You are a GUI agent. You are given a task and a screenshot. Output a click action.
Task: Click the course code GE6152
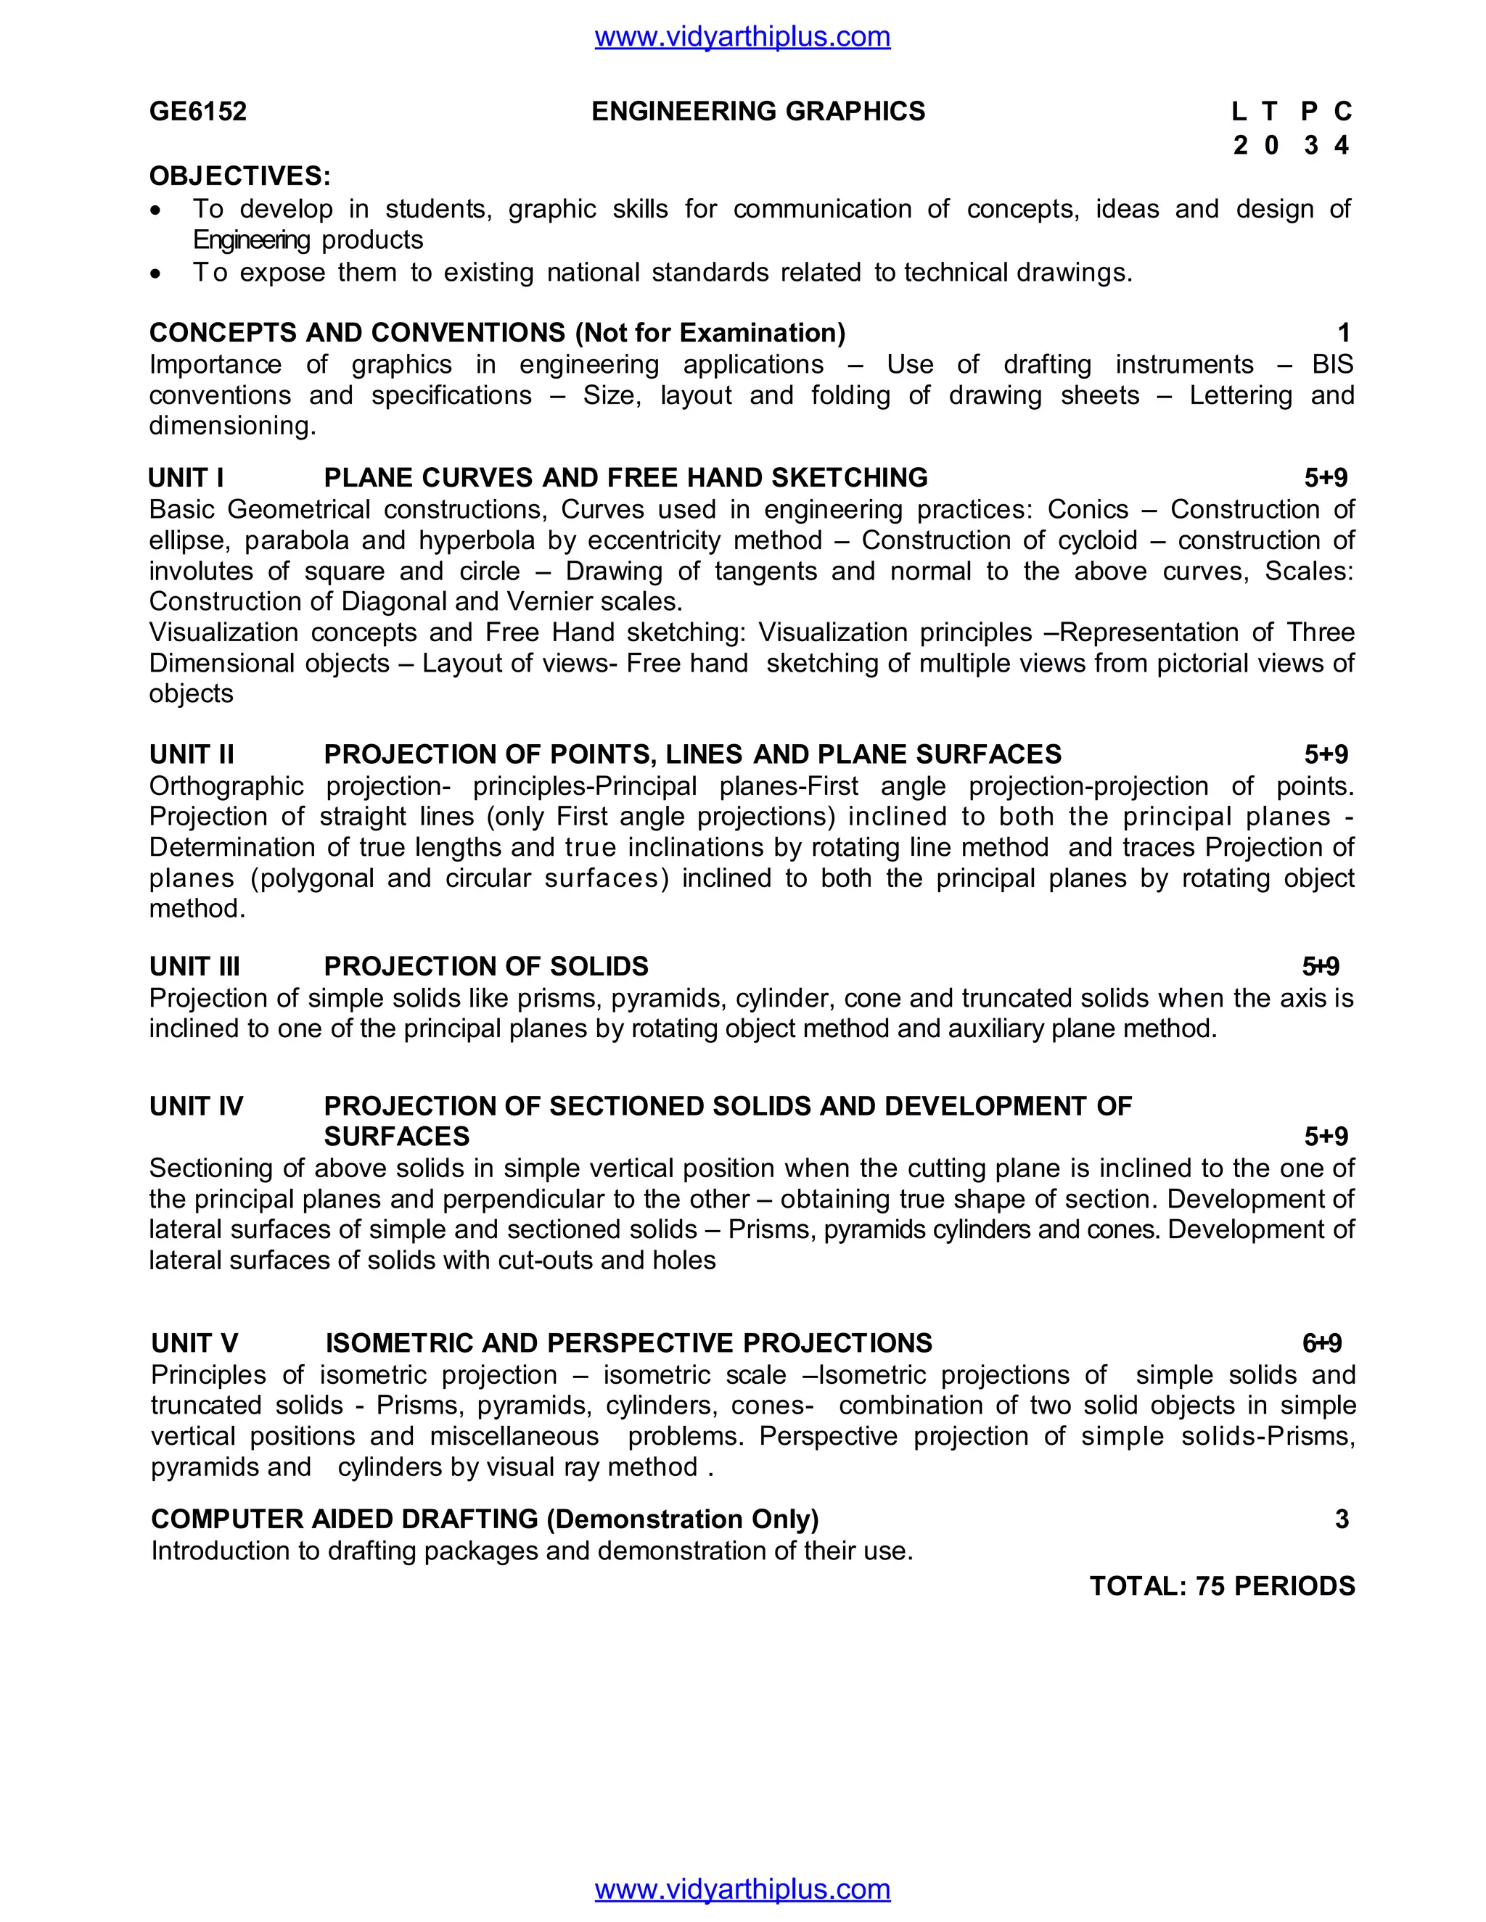tap(198, 112)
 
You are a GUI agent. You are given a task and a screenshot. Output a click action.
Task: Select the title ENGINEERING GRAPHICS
tap(758, 112)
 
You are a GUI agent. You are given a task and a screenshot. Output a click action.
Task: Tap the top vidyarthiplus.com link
tap(742, 37)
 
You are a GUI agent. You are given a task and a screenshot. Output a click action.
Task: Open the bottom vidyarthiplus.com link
tap(742, 1889)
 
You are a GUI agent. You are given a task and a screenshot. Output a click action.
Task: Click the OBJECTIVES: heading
tap(239, 176)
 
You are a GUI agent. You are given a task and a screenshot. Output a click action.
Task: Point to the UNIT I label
tap(186, 478)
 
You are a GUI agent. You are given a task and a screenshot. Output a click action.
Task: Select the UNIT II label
tap(192, 754)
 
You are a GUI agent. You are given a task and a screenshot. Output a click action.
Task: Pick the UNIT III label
tap(194, 966)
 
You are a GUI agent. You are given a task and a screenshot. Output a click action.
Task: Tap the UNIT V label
tap(194, 1343)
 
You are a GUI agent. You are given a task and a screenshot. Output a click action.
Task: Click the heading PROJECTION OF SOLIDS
tap(486, 966)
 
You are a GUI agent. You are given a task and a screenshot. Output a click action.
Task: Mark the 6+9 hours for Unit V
tap(1321, 1343)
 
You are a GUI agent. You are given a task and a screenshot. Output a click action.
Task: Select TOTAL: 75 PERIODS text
tap(1222, 1585)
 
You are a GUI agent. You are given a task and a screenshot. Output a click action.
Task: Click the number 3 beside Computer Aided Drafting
tap(1342, 1519)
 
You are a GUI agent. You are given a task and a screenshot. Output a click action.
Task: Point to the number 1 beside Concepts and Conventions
tap(1343, 333)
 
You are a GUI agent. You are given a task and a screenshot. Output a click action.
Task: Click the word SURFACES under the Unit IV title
tap(396, 1136)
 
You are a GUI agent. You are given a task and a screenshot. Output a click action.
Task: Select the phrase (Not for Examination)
tap(710, 333)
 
